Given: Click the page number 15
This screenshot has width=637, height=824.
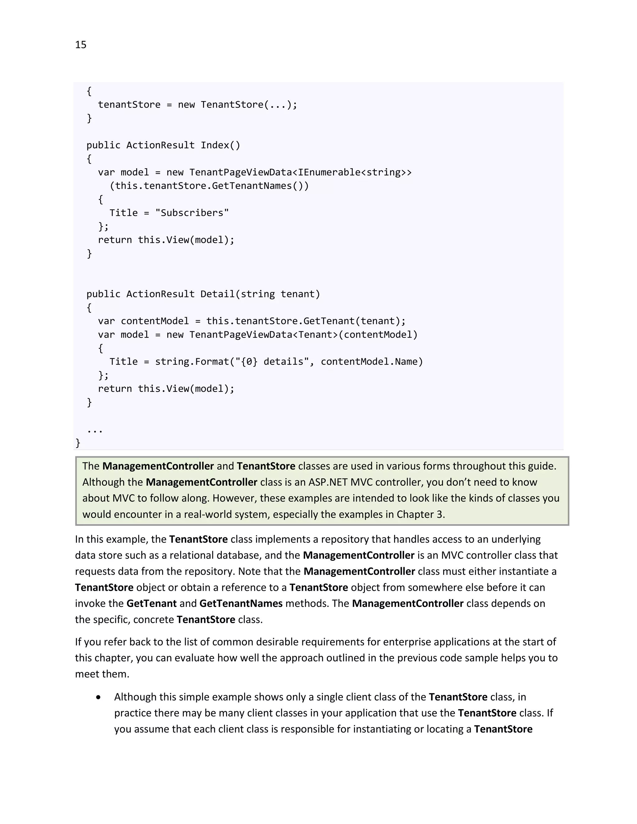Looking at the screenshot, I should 81,45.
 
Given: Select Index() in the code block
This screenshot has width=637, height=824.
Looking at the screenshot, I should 221,145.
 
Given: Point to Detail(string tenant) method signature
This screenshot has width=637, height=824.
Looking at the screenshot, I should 260,294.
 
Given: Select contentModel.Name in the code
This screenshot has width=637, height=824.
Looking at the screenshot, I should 372,361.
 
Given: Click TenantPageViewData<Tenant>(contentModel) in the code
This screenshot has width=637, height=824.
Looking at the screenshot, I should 303,335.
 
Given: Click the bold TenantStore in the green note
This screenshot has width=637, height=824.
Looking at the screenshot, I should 266,466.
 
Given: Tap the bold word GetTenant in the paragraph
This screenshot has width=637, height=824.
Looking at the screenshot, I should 151,603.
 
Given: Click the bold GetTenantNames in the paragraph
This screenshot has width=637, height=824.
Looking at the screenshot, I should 241,603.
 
